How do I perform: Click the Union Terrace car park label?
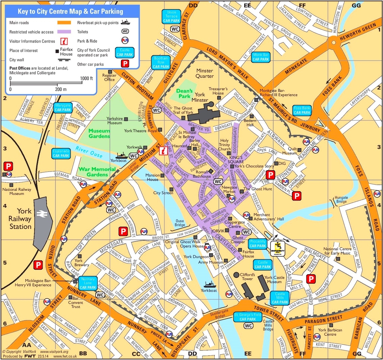172,17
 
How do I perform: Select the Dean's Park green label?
184,94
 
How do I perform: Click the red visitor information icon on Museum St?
164,151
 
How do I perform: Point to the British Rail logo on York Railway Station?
42,213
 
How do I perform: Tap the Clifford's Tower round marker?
236,275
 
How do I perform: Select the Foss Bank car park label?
302,110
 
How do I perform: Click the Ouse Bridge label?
180,223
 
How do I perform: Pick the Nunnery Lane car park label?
88,283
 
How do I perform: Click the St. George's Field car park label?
248,317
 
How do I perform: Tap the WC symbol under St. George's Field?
248,326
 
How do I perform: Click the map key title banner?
71,11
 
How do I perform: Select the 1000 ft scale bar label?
87,78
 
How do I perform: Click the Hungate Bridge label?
341,200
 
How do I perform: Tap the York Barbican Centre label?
330,332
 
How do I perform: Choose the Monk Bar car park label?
261,57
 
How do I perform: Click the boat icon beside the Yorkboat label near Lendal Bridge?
121,156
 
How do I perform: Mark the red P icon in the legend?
125,63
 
